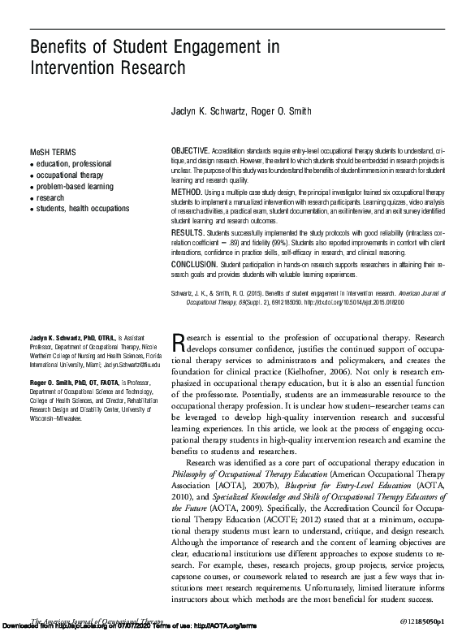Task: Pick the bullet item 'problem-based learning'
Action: point(75,186)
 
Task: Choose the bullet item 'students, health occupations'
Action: point(83,209)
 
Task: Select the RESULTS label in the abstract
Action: point(188,231)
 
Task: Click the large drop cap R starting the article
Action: point(179,342)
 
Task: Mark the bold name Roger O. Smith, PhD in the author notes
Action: point(63,381)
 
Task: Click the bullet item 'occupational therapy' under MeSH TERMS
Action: point(71,175)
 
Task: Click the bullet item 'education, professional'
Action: point(75,164)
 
